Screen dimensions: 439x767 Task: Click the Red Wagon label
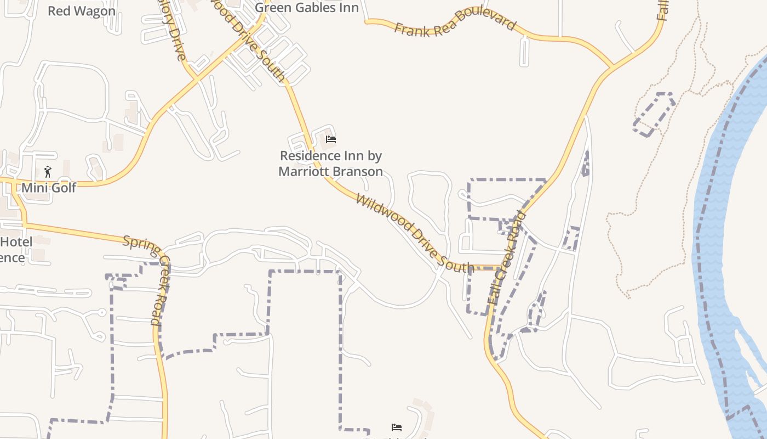82,11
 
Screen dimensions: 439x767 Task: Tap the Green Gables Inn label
307,8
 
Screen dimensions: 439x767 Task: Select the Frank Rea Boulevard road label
455,22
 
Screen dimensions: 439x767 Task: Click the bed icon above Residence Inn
330,139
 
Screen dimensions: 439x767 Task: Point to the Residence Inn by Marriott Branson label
330,164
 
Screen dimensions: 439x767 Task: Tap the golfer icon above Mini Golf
48,172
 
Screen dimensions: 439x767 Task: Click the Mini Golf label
49,188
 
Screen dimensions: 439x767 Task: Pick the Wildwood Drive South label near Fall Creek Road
414,233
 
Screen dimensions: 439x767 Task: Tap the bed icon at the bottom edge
397,427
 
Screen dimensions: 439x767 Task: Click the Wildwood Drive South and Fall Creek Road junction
499,268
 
